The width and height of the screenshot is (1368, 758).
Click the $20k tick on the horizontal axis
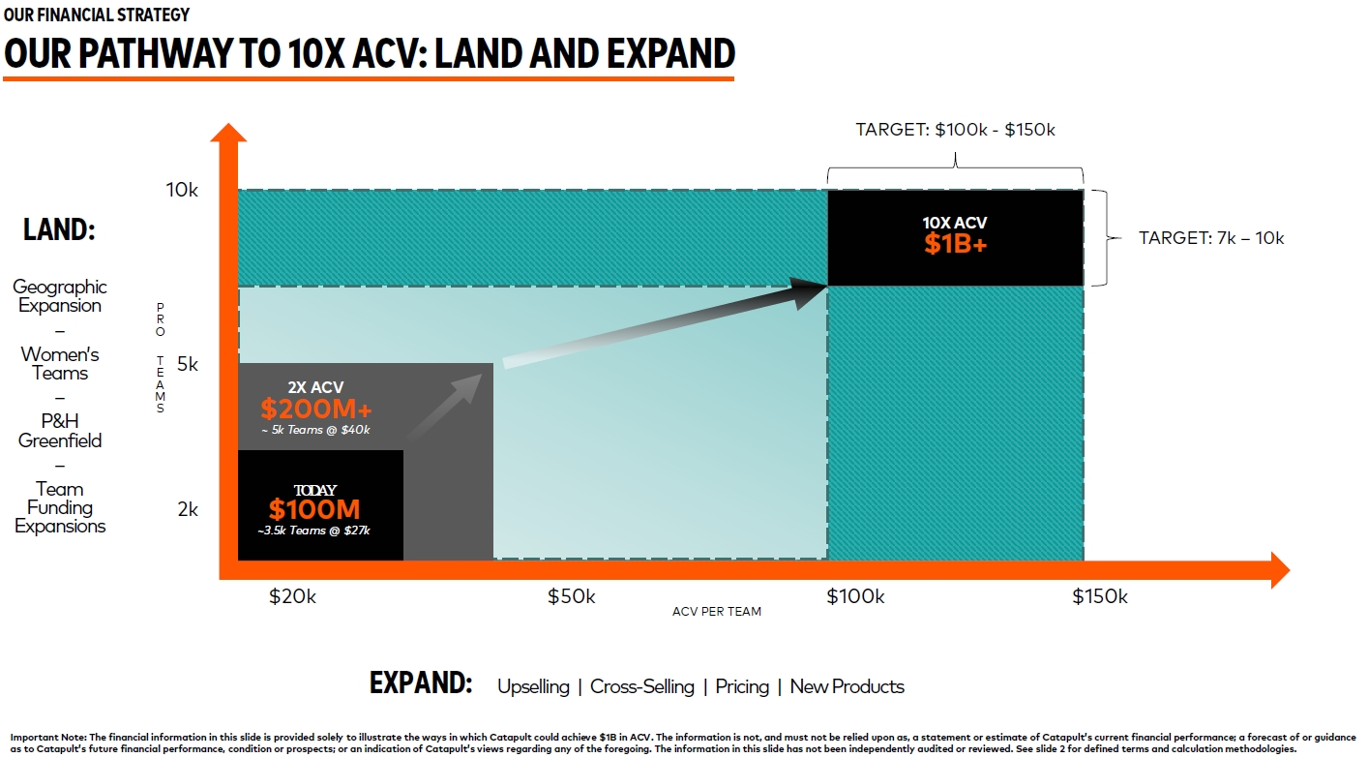pyautogui.click(x=292, y=596)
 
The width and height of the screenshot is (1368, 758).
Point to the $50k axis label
pyautogui.click(x=571, y=596)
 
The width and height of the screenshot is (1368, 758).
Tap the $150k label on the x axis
pyautogui.click(x=1100, y=596)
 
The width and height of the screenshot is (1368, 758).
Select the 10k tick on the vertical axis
pyautogui.click(x=182, y=190)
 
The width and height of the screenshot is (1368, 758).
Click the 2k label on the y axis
pyautogui.click(x=188, y=509)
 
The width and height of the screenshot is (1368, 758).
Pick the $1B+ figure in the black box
pyautogui.click(x=955, y=244)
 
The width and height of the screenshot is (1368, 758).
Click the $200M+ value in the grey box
pyautogui.click(x=315, y=409)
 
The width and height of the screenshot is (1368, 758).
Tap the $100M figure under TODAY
pyautogui.click(x=313, y=509)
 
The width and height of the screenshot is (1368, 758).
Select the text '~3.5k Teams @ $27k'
pyautogui.click(x=313, y=531)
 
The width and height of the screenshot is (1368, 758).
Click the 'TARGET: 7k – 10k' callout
pyautogui.click(x=1211, y=238)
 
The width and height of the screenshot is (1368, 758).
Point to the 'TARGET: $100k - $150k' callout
pyautogui.click(x=955, y=130)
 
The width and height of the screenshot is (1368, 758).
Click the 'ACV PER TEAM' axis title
pyautogui.click(x=716, y=611)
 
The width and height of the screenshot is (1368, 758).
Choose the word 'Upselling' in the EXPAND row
pyautogui.click(x=533, y=686)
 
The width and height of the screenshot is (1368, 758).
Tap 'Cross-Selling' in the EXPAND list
pyautogui.click(x=641, y=686)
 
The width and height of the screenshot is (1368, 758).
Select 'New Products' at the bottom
pyautogui.click(x=847, y=686)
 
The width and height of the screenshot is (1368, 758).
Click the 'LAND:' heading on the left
pyautogui.click(x=59, y=229)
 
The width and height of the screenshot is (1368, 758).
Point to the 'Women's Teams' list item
pyautogui.click(x=60, y=364)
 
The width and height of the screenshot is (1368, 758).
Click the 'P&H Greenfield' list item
pyautogui.click(x=60, y=431)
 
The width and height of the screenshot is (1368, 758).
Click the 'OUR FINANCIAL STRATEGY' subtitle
pyautogui.click(x=97, y=15)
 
